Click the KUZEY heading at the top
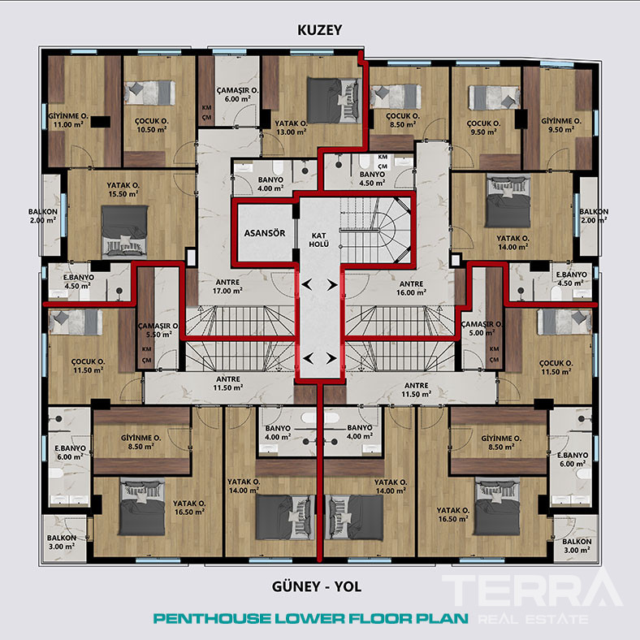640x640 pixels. pyautogui.click(x=319, y=30)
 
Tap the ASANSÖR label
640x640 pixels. pyautogui.click(x=265, y=233)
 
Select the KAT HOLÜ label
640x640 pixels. pyautogui.click(x=318, y=240)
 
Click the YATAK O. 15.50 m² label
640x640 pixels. pyautogui.click(x=123, y=190)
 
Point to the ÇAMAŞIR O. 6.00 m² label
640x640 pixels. pyautogui.click(x=237, y=94)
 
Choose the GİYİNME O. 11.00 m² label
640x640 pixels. pyautogui.click(x=68, y=120)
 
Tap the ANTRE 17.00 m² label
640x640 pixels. pyautogui.click(x=227, y=287)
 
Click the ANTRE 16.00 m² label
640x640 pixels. pyautogui.click(x=412, y=288)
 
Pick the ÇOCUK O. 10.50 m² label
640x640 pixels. pyautogui.click(x=151, y=125)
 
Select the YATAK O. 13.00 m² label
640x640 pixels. pyautogui.click(x=291, y=128)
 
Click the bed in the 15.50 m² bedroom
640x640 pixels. pyautogui.click(x=124, y=231)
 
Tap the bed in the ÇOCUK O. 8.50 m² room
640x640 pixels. pyautogui.click(x=395, y=97)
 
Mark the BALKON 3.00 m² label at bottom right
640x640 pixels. pyautogui.click(x=577, y=546)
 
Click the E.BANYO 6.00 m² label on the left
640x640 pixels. pyautogui.click(x=70, y=452)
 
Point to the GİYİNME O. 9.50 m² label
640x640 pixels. pyautogui.click(x=561, y=125)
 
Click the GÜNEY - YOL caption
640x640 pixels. pyautogui.click(x=317, y=587)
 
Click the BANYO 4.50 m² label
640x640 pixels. pyautogui.click(x=372, y=179)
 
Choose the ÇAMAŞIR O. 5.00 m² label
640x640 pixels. pyautogui.click(x=482, y=328)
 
